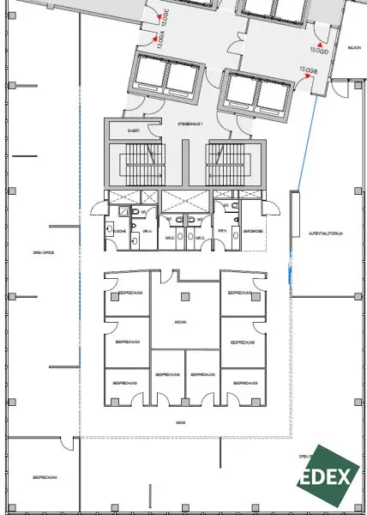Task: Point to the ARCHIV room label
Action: click(x=182, y=320)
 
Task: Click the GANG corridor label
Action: click(x=181, y=423)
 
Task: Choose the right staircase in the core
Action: click(x=225, y=161)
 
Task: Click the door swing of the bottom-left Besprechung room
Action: click(x=66, y=444)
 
